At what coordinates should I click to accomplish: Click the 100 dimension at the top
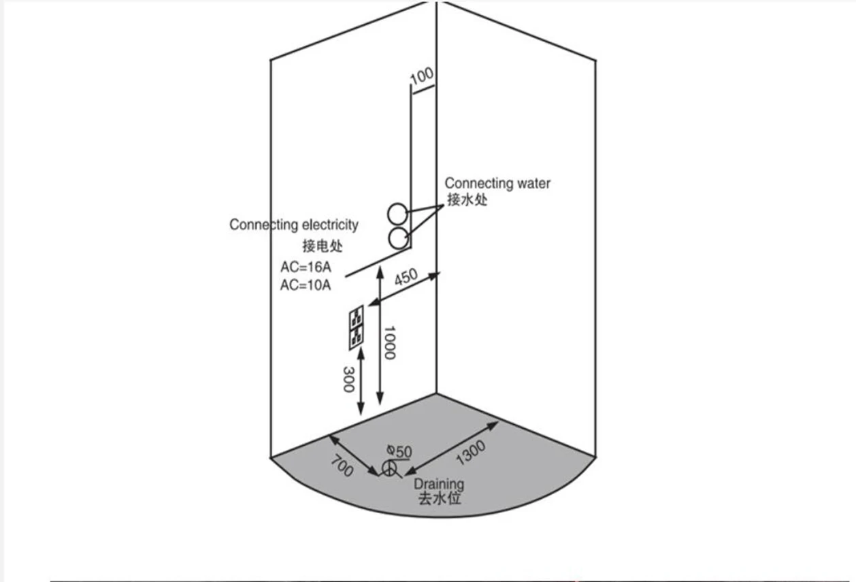click(422, 76)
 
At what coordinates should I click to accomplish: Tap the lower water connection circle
click(398, 238)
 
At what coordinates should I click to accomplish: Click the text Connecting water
click(497, 183)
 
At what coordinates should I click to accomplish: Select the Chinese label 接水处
click(467, 200)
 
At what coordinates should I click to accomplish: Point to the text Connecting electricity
click(293, 225)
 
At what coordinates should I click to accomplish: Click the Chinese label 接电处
click(323, 246)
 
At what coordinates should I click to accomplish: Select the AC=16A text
click(306, 267)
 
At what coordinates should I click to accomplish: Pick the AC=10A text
click(306, 285)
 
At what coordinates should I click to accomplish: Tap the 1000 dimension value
click(390, 342)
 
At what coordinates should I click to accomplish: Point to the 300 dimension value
click(348, 378)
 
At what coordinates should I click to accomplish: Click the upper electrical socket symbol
click(356, 317)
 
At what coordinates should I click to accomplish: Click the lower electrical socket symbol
click(356, 336)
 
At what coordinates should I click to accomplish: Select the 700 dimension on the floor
click(342, 466)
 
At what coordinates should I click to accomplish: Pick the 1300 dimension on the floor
click(471, 453)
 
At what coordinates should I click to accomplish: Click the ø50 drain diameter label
click(399, 451)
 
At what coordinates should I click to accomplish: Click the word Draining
click(439, 485)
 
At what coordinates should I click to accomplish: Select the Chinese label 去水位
click(439, 499)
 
